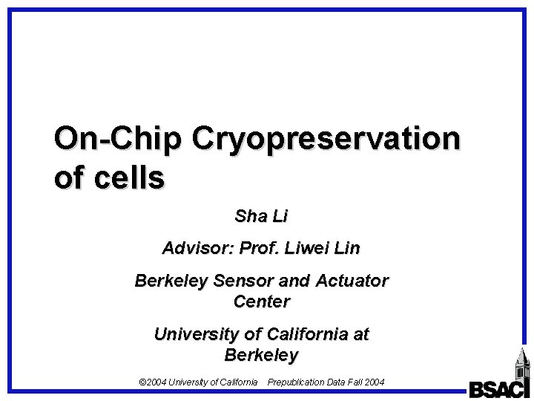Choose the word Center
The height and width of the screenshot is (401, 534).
[x=261, y=302]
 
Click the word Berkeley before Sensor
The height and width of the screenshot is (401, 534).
[x=170, y=281]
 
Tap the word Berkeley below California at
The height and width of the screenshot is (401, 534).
[x=260, y=356]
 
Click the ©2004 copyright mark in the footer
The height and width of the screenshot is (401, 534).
[x=153, y=382]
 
